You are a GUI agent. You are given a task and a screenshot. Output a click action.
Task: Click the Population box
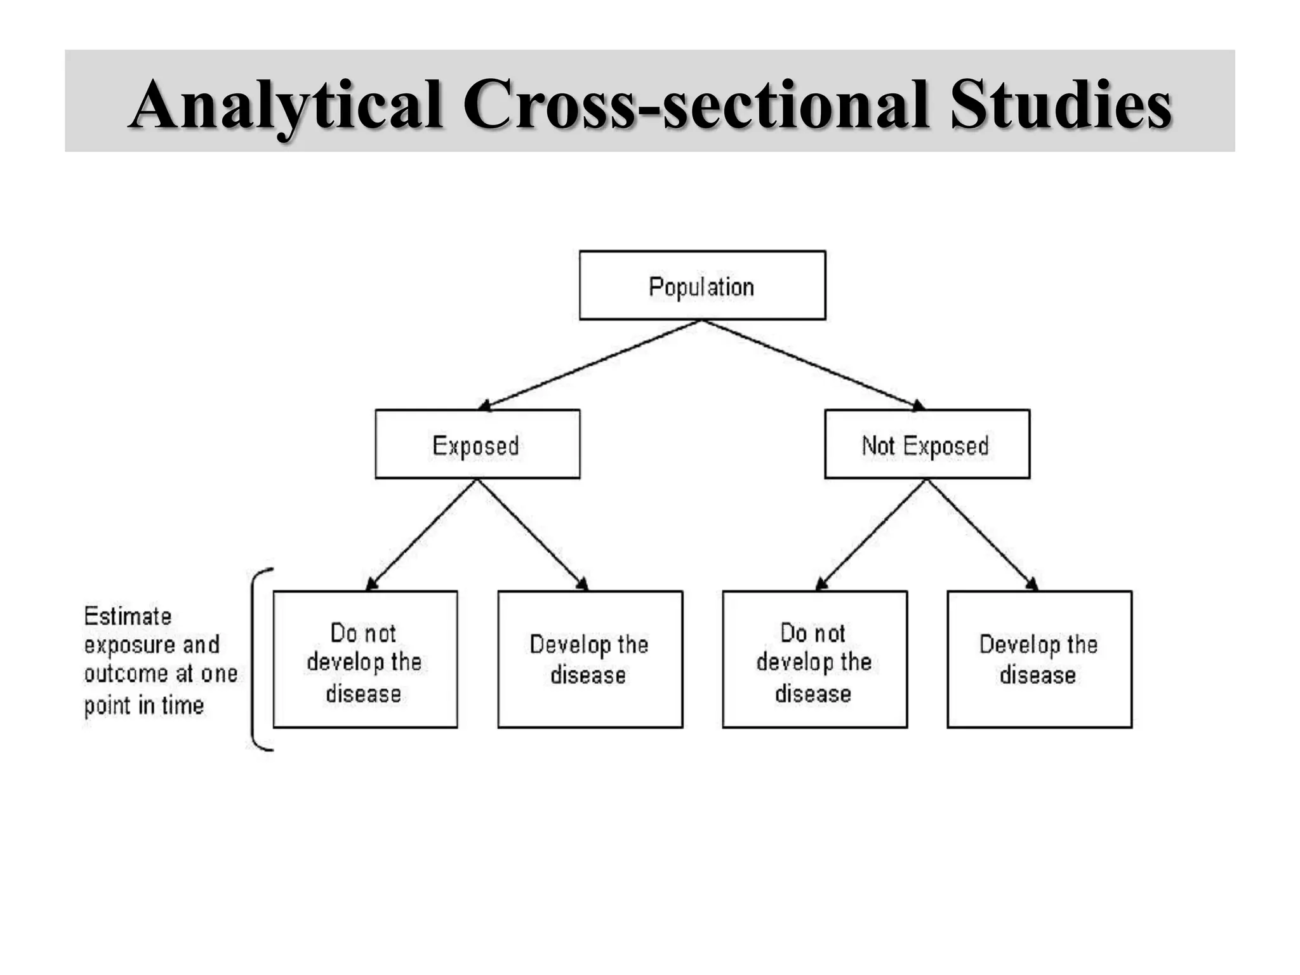coord(702,286)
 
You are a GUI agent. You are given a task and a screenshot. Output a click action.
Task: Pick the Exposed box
coord(477,444)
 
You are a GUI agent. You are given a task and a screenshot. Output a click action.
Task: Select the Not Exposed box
coord(927,444)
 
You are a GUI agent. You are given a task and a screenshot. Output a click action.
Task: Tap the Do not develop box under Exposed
coord(365,660)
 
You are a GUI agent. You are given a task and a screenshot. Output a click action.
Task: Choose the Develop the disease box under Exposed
coord(590,660)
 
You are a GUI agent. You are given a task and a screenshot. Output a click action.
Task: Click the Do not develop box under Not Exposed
coord(814,660)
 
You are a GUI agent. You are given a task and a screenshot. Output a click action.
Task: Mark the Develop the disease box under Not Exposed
coord(1039,660)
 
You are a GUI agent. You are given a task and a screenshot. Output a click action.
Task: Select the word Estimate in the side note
coord(128,616)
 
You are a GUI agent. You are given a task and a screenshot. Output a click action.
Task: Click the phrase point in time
coord(144,705)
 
